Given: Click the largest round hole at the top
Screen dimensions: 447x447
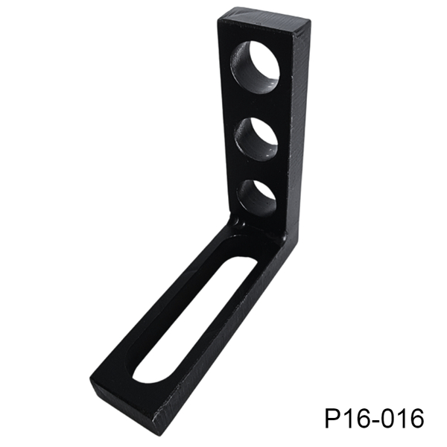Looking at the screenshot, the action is coord(255,66).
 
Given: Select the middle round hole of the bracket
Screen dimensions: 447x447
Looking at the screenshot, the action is coord(256,139).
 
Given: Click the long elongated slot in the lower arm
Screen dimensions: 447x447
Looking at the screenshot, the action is coord(194,320).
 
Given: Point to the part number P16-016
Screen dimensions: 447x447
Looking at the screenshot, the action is coord(374,419).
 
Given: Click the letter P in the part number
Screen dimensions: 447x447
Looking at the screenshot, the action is coord(332,419).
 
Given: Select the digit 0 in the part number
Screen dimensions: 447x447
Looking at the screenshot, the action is coord(386,419).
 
